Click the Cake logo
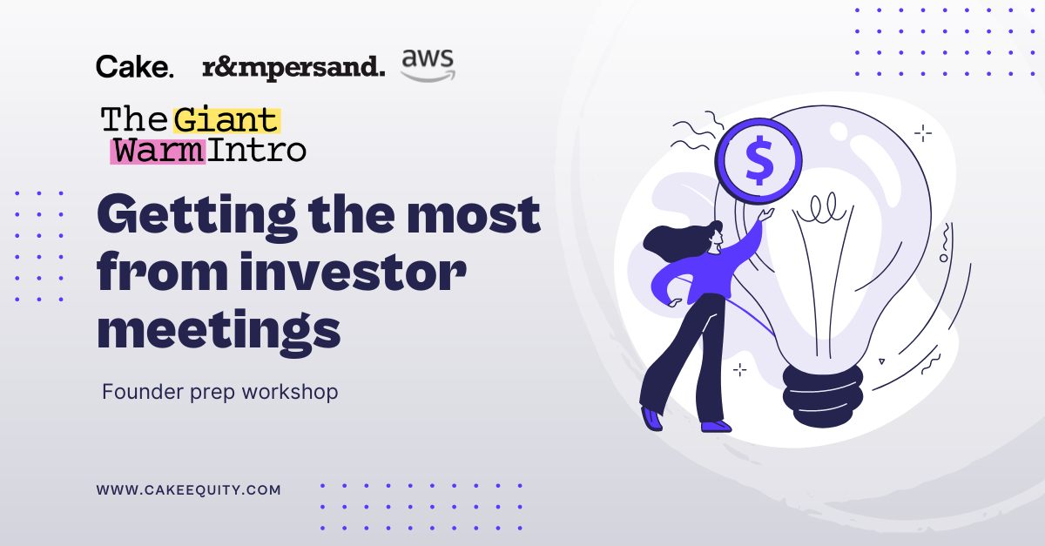[x=135, y=66]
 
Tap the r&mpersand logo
[x=293, y=67]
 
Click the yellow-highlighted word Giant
[x=226, y=119]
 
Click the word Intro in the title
[x=257, y=150]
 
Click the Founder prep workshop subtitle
[x=219, y=392]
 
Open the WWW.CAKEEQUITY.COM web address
[x=189, y=490]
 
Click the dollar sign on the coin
[x=758, y=161]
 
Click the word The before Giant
[x=135, y=119]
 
